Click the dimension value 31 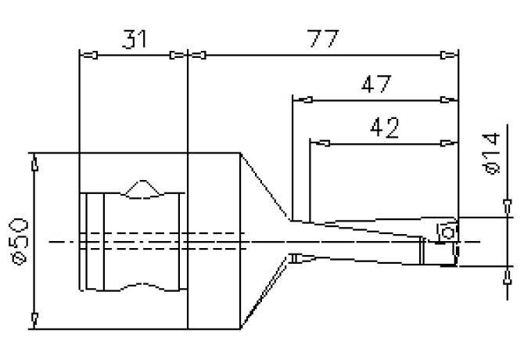point(135,39)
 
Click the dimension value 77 point(323,38)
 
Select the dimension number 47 point(376,84)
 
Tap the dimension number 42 point(384,128)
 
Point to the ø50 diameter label point(20,241)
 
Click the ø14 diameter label point(491,153)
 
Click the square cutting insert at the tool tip point(447,232)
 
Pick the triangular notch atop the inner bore point(142,188)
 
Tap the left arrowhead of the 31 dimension point(89,55)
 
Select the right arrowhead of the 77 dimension point(450,55)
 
